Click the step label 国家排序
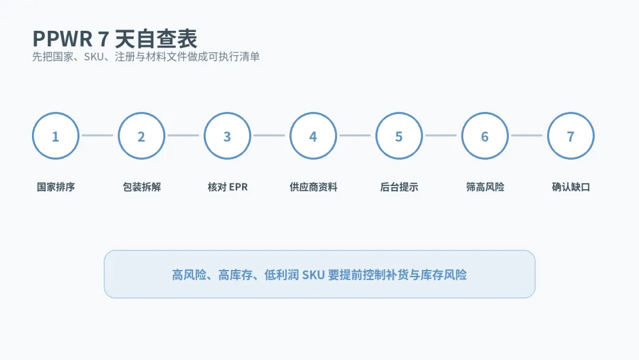click(56, 187)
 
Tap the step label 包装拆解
click(142, 187)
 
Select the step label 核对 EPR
click(227, 187)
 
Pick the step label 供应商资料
click(314, 187)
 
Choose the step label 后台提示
click(399, 187)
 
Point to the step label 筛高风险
click(485, 187)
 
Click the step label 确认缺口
click(571, 187)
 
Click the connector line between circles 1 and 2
click(98, 136)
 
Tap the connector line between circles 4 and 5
click(355, 136)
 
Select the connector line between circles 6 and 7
click(527, 136)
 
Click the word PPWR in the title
click(62, 39)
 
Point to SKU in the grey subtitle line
click(93, 57)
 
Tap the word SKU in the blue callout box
click(313, 275)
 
